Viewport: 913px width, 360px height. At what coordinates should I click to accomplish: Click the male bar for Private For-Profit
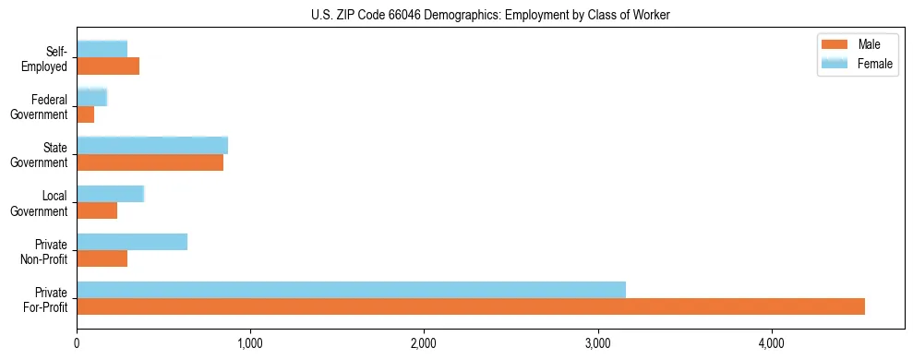tap(471, 306)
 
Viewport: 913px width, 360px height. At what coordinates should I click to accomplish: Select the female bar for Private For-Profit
tap(351, 289)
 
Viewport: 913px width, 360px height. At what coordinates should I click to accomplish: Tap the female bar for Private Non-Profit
tap(132, 242)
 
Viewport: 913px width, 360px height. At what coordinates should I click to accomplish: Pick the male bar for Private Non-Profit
tap(102, 258)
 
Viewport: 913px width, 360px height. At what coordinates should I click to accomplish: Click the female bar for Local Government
tap(110, 194)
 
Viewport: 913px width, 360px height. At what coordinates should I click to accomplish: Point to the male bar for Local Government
tap(97, 210)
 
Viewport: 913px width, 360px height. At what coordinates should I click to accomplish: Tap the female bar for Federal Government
tap(91, 97)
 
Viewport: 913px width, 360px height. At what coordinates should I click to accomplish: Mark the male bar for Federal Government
tap(85, 114)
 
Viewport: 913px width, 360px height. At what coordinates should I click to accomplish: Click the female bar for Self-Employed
tap(102, 49)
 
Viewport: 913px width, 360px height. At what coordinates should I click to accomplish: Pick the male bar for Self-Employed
tap(108, 66)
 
